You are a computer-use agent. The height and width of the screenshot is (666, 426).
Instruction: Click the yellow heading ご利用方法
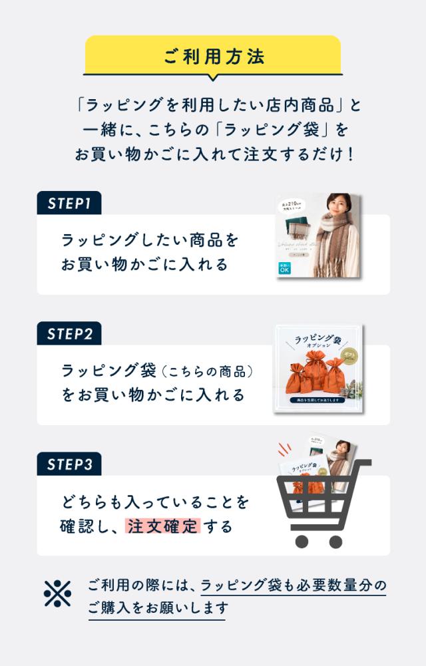point(213,56)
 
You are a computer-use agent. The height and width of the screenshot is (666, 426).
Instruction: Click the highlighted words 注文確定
point(162,526)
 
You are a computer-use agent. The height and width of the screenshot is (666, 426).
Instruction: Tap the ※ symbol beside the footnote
point(57,594)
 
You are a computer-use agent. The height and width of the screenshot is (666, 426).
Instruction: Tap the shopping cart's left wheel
point(302,541)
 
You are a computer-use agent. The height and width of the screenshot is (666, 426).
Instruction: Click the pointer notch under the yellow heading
point(213,77)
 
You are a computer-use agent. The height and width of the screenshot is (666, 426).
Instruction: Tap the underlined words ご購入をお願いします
point(157,608)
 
